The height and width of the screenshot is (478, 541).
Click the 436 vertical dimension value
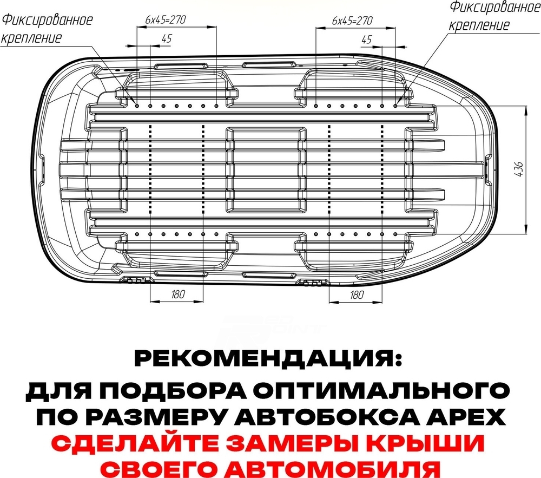tap(519, 169)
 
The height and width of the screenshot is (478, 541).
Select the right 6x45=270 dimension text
tap(352, 21)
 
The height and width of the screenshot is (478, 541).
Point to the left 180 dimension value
tap(178, 294)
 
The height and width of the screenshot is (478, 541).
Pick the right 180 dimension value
tap(357, 294)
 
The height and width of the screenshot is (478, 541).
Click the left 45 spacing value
tap(166, 38)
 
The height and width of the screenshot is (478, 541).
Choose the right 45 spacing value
tap(366, 40)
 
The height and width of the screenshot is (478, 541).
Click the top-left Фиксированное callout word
tap(47, 19)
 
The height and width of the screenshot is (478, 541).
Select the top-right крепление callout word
tap(479, 25)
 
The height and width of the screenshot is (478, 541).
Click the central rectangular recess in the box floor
tap(266, 169)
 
